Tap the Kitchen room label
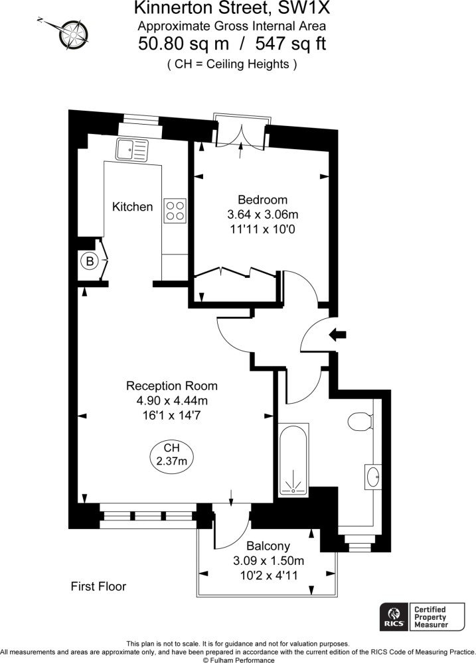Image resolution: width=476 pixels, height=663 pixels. tap(132, 207)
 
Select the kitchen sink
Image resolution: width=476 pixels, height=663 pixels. tap(132, 150)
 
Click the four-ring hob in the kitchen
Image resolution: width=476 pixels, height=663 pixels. tap(175, 211)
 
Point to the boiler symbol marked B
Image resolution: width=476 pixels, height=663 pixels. tap(90, 261)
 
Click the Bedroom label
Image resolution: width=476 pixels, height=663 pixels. tap(262, 200)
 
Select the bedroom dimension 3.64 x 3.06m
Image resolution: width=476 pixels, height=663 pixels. tap(262, 214)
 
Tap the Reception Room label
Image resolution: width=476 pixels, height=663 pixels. tap(172, 386)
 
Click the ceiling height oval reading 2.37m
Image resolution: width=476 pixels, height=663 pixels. tap(171, 455)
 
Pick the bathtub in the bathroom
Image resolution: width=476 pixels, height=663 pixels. tap(293, 459)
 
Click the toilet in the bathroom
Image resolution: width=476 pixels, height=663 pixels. tap(360, 422)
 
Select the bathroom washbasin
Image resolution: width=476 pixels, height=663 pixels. tap(373, 477)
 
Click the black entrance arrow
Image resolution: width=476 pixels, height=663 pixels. tap(338, 334)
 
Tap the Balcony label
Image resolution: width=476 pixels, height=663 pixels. tap(268, 546)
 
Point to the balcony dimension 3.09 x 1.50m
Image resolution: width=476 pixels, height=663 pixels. tap(268, 561)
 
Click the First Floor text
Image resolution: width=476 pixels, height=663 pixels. tap(98, 587)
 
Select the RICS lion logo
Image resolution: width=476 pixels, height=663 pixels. tap(394, 617)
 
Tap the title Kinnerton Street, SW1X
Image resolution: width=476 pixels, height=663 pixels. tap(232, 7)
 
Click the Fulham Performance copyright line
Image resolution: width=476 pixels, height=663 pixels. tap(238, 660)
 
